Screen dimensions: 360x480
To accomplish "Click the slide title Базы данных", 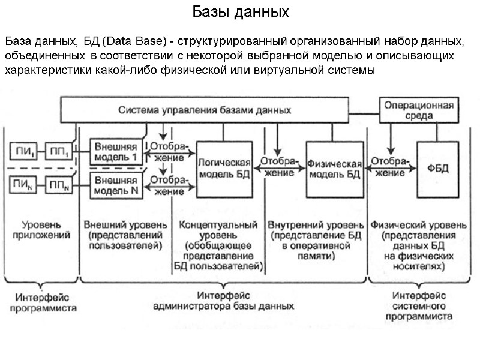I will (240, 12).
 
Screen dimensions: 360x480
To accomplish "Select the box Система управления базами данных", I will (205, 110).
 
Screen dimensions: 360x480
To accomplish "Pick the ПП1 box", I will (59, 151).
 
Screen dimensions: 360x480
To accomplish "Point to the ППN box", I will (59, 185).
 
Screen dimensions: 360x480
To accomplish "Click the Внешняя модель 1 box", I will (116, 151).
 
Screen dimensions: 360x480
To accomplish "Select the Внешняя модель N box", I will (116, 184).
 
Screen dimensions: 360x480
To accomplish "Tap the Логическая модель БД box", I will (224, 169).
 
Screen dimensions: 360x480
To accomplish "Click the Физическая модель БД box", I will (334, 169).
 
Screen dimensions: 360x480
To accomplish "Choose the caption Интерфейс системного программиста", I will (419, 305).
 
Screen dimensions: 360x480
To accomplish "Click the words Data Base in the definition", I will (134, 41).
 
